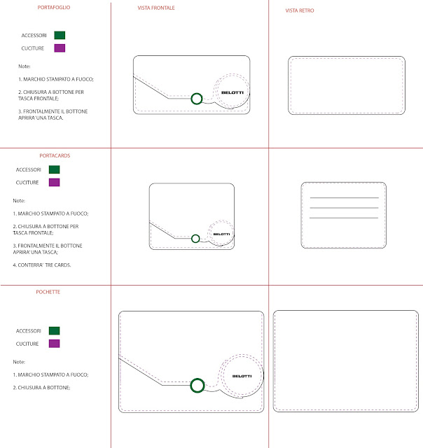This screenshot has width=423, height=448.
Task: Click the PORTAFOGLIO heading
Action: tap(54, 8)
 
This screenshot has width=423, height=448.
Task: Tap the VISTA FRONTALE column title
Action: tap(156, 8)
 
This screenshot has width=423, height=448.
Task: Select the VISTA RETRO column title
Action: tap(300, 10)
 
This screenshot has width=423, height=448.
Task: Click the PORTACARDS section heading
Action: tap(55, 155)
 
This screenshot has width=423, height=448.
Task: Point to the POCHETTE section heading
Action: tap(48, 292)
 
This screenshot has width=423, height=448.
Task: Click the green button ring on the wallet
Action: tap(197, 94)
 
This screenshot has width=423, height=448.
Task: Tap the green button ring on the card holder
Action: tap(195, 235)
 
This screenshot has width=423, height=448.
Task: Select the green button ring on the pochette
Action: tap(197, 379)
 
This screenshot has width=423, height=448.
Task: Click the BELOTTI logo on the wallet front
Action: tap(233, 92)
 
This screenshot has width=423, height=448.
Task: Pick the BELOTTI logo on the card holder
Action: tap(221, 234)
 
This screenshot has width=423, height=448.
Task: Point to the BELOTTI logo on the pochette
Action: tap(242, 376)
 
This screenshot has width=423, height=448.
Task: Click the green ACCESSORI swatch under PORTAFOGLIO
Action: tap(60, 35)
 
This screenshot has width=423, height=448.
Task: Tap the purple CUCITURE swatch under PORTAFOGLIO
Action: tap(60, 48)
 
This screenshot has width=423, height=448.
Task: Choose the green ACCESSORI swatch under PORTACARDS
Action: tap(55, 169)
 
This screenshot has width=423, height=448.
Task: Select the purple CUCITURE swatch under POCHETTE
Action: tap(55, 344)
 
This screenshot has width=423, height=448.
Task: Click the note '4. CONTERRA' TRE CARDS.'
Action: tap(42, 265)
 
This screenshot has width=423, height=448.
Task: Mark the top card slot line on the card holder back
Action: tap(345, 197)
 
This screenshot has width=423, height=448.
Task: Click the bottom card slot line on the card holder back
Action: tap(344, 218)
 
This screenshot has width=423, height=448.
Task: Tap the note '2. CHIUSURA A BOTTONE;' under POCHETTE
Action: tap(41, 388)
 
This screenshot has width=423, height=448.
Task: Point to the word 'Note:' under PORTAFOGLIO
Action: tap(25, 66)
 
